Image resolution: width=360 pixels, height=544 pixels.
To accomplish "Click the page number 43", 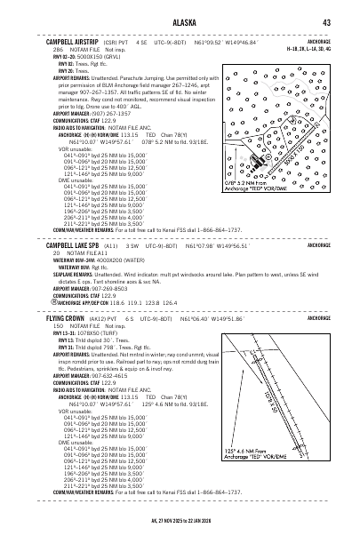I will pos(326,24).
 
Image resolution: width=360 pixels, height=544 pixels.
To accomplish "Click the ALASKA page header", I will pos(180,24).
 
